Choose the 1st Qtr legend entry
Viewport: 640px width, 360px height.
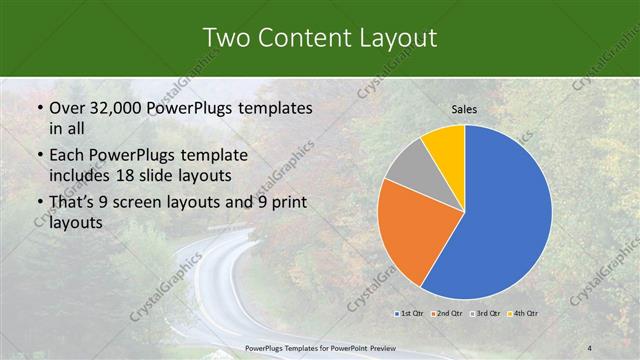pos(407,314)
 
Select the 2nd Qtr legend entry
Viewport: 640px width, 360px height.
pos(446,314)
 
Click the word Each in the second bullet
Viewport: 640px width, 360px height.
pos(67,155)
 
